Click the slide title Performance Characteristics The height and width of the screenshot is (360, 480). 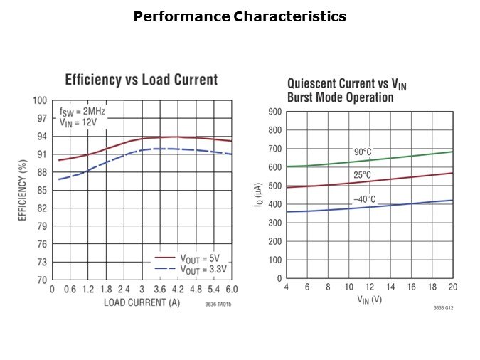tap(240, 16)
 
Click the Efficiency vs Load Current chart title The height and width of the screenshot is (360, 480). tap(141, 80)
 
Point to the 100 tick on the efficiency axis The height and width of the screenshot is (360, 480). tap(40, 100)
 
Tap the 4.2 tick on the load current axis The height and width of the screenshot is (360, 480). tap(177, 290)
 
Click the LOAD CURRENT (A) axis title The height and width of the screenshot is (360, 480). tap(142, 302)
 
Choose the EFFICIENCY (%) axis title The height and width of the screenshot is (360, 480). tap(23, 190)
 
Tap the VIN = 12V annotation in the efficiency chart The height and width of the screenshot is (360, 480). tap(78, 122)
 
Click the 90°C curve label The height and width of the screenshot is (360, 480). tap(363, 152)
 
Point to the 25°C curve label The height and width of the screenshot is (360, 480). tap(363, 175)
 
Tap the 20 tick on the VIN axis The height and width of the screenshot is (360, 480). tap(452, 287)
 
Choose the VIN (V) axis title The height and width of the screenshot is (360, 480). tap(370, 300)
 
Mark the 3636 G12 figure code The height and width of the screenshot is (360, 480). tap(442, 308)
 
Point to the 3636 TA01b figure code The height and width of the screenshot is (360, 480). tap(218, 305)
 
